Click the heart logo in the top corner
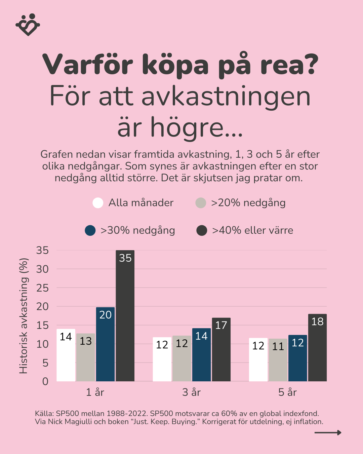[28, 25]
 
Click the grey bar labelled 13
[86, 357]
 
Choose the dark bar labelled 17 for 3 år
[221, 349]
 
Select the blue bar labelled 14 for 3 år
[201, 354]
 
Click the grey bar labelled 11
[278, 360]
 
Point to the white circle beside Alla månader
[98, 203]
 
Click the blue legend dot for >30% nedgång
[90, 230]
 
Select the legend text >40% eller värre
[252, 230]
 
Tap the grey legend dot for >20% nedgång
[201, 203]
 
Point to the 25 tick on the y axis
[42, 288]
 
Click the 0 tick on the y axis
[45, 381]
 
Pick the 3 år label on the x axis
[191, 392]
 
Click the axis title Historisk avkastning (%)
[24, 316]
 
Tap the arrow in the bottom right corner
[328, 432]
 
